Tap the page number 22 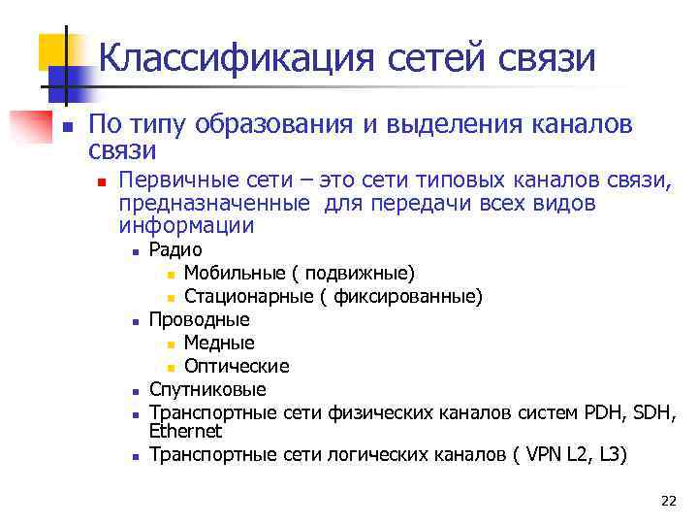pyautogui.click(x=668, y=501)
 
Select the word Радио pyautogui.click(x=175, y=250)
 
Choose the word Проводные pyautogui.click(x=199, y=319)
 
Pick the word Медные pyautogui.click(x=219, y=343)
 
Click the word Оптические pyautogui.click(x=237, y=366)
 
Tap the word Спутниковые pyautogui.click(x=207, y=389)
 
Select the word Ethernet pyautogui.click(x=185, y=431)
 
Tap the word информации pyautogui.click(x=187, y=226)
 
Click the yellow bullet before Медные pyautogui.click(x=172, y=344)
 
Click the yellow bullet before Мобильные pyautogui.click(x=172, y=274)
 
